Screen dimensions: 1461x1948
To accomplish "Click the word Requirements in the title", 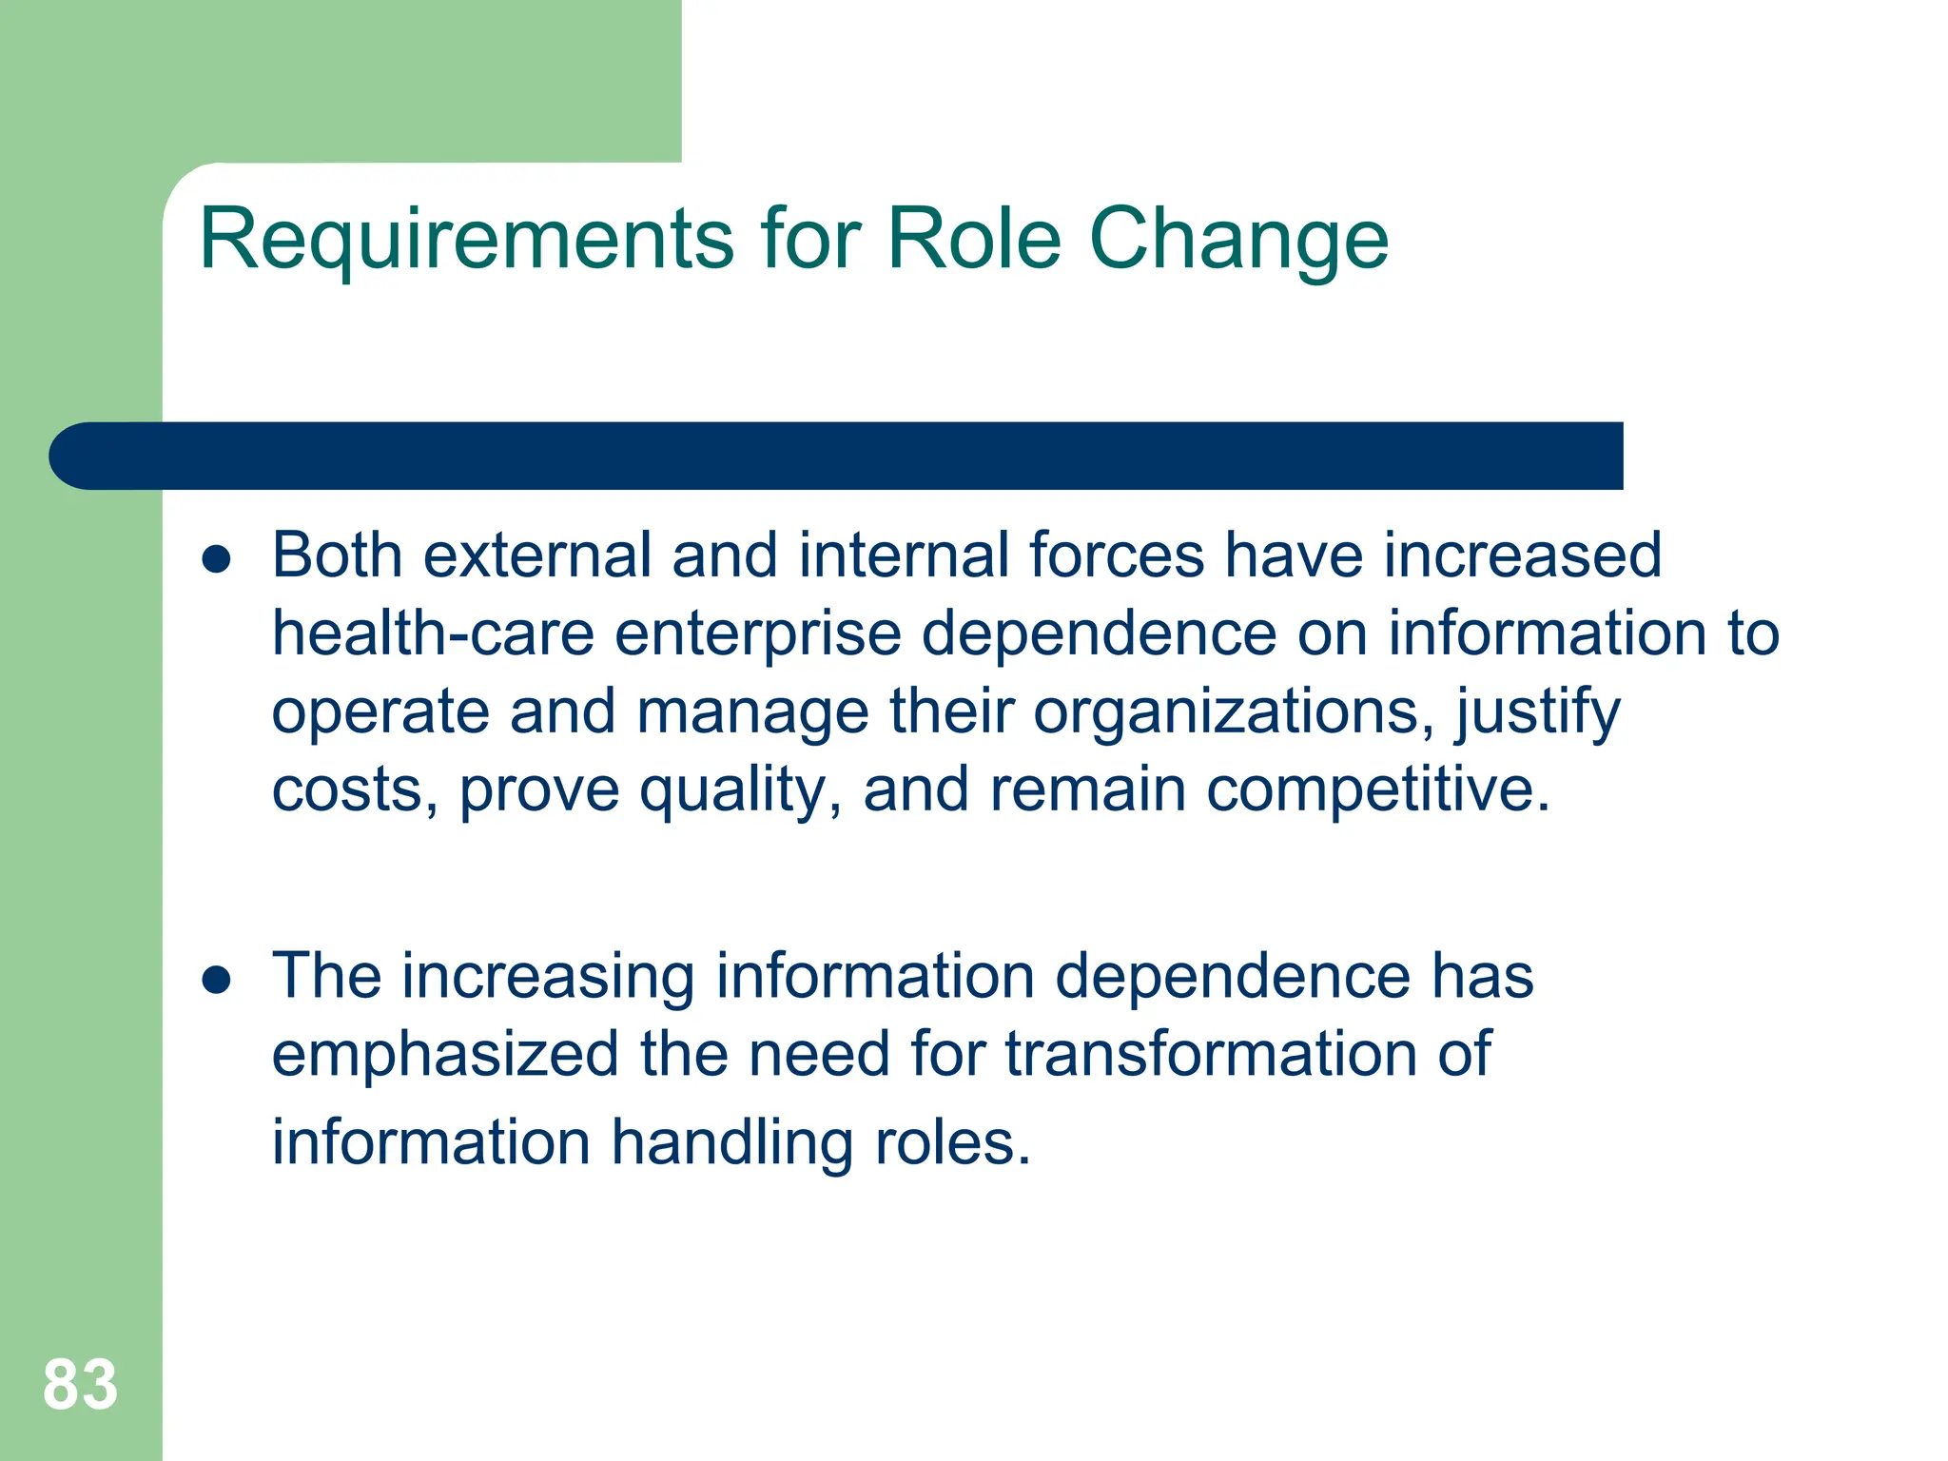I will [466, 240].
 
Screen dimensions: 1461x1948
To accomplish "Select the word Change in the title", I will [1237, 240].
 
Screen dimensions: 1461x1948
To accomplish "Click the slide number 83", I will [80, 1384].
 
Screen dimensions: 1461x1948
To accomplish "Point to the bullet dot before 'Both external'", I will [217, 559].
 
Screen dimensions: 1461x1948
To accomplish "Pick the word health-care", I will [433, 633].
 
